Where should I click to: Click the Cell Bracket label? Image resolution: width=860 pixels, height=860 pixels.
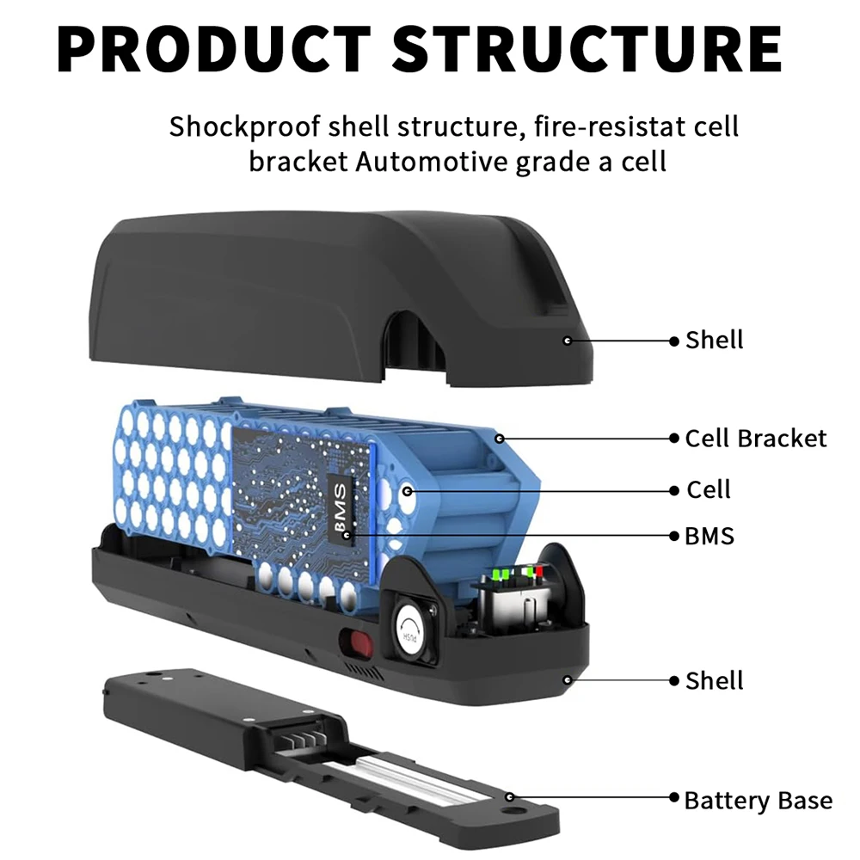click(755, 438)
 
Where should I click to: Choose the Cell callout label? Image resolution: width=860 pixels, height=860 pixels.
click(708, 490)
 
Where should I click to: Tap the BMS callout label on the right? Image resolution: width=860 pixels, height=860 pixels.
click(709, 536)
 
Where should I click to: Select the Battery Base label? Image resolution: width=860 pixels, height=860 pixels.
click(758, 801)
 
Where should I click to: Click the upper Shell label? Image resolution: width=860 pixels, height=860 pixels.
click(714, 340)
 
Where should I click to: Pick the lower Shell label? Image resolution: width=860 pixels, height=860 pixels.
click(714, 681)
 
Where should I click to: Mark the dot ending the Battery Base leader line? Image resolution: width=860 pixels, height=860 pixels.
click(510, 797)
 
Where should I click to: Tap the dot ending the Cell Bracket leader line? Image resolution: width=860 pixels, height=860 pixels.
click(499, 438)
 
